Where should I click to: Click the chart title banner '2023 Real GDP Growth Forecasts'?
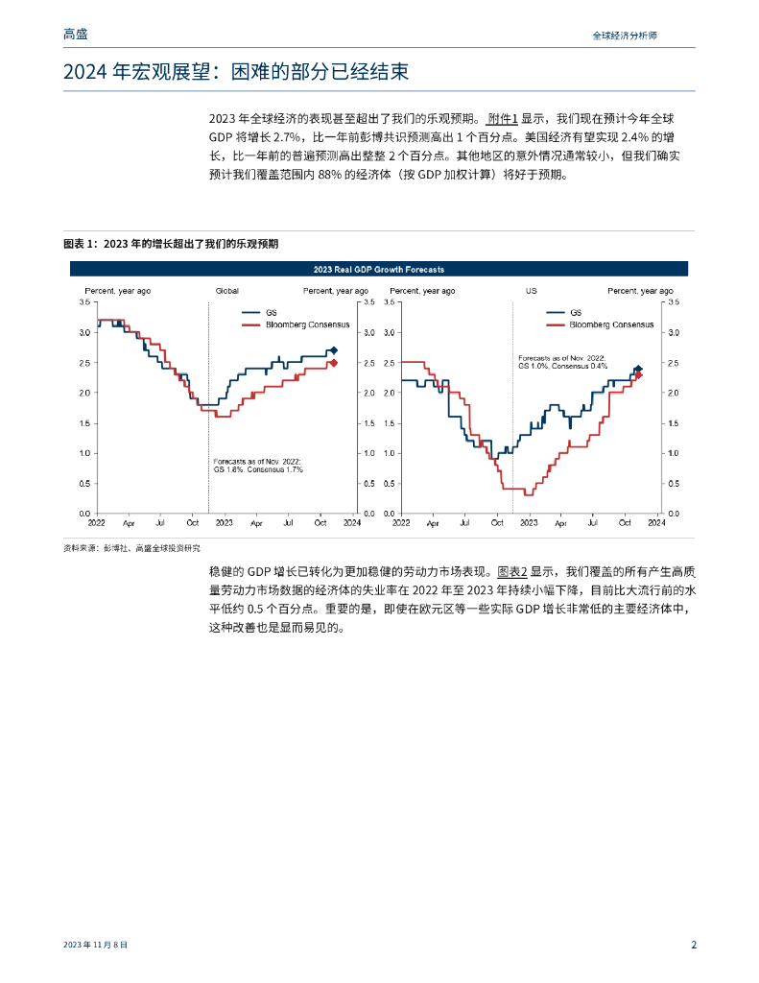pyautogui.click(x=379, y=270)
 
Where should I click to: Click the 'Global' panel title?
pyautogui.click(x=226, y=290)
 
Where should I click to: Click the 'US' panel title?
pyautogui.click(x=531, y=290)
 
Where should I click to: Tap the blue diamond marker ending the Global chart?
pyautogui.click(x=333, y=350)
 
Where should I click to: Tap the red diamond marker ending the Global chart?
pyautogui.click(x=333, y=363)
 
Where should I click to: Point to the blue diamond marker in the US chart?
pyautogui.click(x=638, y=369)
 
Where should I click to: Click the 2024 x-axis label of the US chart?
pyautogui.click(x=656, y=523)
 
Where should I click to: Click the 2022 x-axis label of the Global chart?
pyautogui.click(x=97, y=523)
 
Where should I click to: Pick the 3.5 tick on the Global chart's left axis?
pyautogui.click(x=84, y=301)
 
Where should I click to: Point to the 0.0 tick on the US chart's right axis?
pyautogui.click(x=672, y=514)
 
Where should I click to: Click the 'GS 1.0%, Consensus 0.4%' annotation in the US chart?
pyautogui.click(x=563, y=366)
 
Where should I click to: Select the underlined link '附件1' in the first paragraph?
pyautogui.click(x=502, y=119)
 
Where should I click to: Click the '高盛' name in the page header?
pyautogui.click(x=75, y=35)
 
